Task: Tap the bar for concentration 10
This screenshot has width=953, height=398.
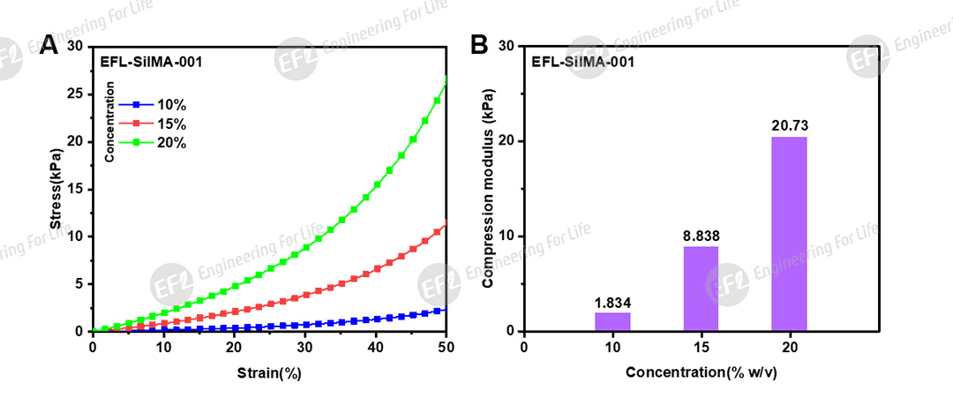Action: click(612, 322)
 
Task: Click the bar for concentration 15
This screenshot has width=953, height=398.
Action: click(701, 289)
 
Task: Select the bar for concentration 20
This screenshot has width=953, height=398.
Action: click(789, 234)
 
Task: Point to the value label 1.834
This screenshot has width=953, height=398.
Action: click(612, 303)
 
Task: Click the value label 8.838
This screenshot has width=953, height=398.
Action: click(701, 237)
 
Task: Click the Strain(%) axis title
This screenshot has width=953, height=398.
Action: click(269, 372)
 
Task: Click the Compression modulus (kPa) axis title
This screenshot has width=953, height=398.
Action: click(487, 189)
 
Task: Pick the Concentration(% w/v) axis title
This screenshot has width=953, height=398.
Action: click(702, 372)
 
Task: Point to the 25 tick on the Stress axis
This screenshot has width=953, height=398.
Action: click(76, 94)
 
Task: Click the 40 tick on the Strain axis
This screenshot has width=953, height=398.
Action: click(376, 348)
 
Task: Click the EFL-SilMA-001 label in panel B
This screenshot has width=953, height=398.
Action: click(583, 62)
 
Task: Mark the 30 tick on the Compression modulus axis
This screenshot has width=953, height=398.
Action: click(507, 46)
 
